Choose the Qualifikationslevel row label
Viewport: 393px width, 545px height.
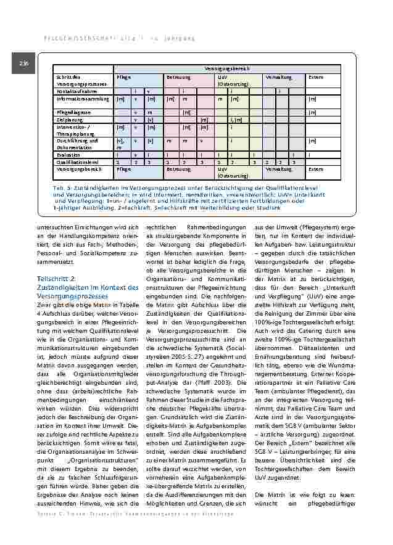click(77, 162)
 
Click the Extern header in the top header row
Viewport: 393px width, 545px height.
click(316, 77)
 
